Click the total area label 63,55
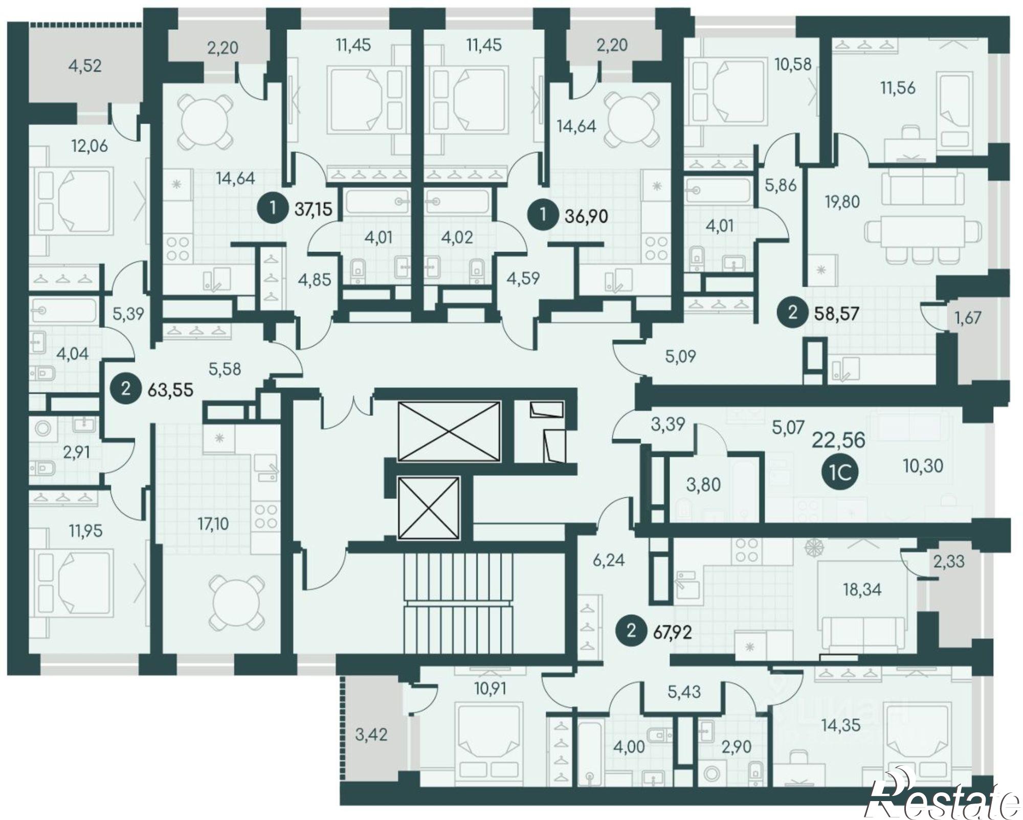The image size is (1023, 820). coord(170,390)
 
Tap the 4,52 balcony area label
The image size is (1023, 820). coord(85,66)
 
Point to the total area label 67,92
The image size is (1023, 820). coord(673,633)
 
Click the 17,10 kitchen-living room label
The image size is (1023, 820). coord(213,524)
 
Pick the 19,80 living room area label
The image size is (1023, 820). coord(842,202)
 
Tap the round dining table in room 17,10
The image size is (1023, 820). coord(237,603)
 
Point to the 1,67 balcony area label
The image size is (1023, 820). coord(968,318)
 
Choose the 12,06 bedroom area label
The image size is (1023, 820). coord(90,146)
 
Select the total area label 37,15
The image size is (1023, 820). coord(314,209)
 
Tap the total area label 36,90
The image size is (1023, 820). coord(586,216)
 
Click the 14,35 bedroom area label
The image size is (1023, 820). coord(841,725)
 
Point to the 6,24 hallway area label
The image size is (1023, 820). coord(609,560)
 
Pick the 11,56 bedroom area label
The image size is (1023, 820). coord(898,88)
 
